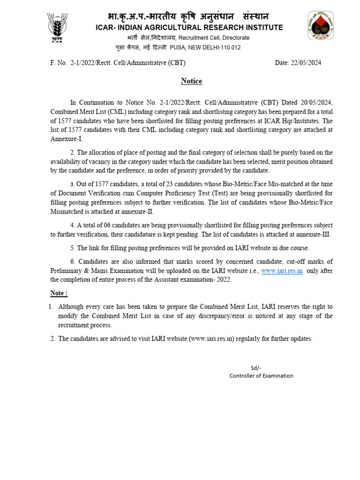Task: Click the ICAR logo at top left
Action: (x=57, y=27)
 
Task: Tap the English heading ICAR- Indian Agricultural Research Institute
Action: (x=189, y=28)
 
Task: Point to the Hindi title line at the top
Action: (x=182, y=16)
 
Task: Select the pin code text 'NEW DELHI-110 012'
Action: (x=214, y=47)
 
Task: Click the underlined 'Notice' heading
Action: (x=191, y=82)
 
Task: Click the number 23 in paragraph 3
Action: (x=155, y=184)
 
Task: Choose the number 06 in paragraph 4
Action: (x=106, y=225)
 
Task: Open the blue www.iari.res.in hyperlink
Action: (x=282, y=270)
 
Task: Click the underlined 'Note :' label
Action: (x=59, y=293)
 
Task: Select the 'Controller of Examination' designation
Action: (x=261, y=375)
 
